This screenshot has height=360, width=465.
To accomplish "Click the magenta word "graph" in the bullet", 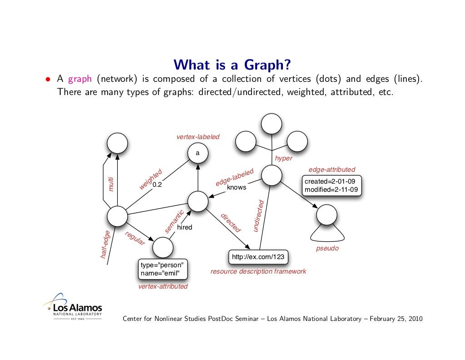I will pyautogui.click(x=80, y=79).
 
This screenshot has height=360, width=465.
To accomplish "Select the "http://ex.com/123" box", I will pyautogui.click(x=258, y=257).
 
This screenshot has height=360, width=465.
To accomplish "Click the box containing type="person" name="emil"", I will pyautogui.click(x=163, y=269).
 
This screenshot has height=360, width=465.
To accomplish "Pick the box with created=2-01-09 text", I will pyautogui.click(x=332, y=185).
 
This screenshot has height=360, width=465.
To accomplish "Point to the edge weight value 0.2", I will pyautogui.click(x=157, y=185).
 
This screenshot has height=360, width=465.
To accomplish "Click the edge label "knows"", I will pyautogui.click(x=236, y=187).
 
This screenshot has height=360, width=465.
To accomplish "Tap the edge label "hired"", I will pyautogui.click(x=185, y=227).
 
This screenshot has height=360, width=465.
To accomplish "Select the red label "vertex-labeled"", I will pyautogui.click(x=198, y=137).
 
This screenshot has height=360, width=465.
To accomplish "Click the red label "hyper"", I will pyautogui.click(x=284, y=159).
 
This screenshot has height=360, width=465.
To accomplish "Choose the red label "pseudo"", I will pyautogui.click(x=327, y=249).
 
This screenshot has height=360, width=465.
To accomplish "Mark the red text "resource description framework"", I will pyautogui.click(x=258, y=271).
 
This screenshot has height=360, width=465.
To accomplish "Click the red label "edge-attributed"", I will pyautogui.click(x=331, y=170).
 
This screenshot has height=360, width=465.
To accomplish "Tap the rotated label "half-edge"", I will pyautogui.click(x=105, y=245).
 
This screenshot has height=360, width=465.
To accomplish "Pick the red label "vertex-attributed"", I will pyautogui.click(x=163, y=287).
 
